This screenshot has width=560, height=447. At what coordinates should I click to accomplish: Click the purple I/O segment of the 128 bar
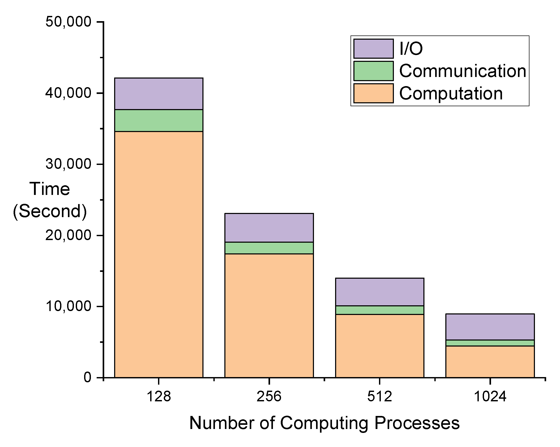coord(159,94)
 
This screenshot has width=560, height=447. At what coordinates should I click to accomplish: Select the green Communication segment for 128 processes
coord(159,120)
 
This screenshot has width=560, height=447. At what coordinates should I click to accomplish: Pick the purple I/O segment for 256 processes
coord(269,228)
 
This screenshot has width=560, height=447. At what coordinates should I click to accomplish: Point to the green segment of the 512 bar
coord(380,310)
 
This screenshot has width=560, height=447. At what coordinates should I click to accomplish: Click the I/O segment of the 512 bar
coord(380,292)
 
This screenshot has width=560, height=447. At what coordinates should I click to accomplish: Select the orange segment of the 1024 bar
coord(490,361)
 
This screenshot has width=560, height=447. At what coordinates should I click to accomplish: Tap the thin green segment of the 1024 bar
coord(490,343)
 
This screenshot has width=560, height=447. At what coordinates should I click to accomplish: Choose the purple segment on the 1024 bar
coord(490,327)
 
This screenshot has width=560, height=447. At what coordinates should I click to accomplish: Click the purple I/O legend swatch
coord(373,49)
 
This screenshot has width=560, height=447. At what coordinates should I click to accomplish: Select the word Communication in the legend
coord(463,71)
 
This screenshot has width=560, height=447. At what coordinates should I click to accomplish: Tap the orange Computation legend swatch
coord(373,93)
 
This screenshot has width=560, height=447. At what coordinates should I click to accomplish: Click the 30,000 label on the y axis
coord(68,164)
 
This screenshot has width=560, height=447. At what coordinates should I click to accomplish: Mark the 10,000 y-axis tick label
coord(68,306)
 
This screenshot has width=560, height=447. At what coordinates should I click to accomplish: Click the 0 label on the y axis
coord(87,377)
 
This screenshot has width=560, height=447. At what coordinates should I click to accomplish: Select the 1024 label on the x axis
coord(490,396)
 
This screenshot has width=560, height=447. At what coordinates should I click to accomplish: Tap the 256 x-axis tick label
coord(269,396)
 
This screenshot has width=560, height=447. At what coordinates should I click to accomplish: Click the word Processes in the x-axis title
coord(417,423)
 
